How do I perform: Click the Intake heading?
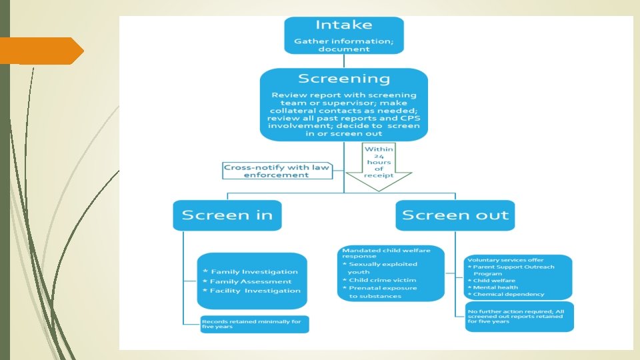tap(343, 26)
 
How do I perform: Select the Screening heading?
tap(343, 79)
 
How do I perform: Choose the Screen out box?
tap(455, 215)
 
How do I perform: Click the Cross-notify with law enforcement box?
tap(277, 171)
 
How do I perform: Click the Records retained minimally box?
tap(255, 324)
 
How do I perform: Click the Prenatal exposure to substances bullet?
tap(384, 292)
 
